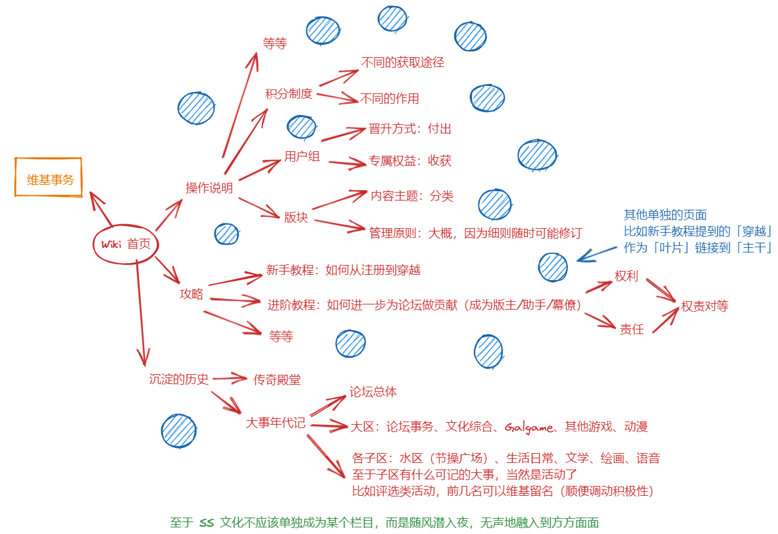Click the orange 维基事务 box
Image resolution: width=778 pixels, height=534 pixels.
point(49,178)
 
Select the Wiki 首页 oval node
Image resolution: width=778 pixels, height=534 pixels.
point(126,244)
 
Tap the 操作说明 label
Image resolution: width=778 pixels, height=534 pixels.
point(209,188)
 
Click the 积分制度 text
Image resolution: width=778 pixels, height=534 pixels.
point(288,93)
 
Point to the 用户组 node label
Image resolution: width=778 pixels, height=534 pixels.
point(302,157)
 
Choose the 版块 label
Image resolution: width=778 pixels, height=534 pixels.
point(296,217)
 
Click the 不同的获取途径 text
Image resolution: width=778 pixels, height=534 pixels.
point(403,62)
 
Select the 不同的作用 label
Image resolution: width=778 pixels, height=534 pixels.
point(390,99)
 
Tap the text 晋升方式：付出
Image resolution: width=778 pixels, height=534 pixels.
point(410,129)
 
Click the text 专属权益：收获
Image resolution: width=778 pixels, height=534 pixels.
point(411,161)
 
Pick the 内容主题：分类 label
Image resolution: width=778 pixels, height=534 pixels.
point(412,196)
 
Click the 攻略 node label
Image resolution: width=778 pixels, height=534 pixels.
point(192,294)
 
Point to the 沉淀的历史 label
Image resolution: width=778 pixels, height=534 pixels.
point(179,379)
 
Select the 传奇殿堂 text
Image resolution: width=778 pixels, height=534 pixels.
point(277,379)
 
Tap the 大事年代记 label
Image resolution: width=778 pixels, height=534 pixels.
point(275,422)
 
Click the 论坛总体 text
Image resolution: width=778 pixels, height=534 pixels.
point(373,392)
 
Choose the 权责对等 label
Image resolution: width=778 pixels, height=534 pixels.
point(705,306)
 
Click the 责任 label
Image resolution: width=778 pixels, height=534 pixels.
point(632,329)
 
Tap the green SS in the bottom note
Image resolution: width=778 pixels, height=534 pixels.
point(206,523)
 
